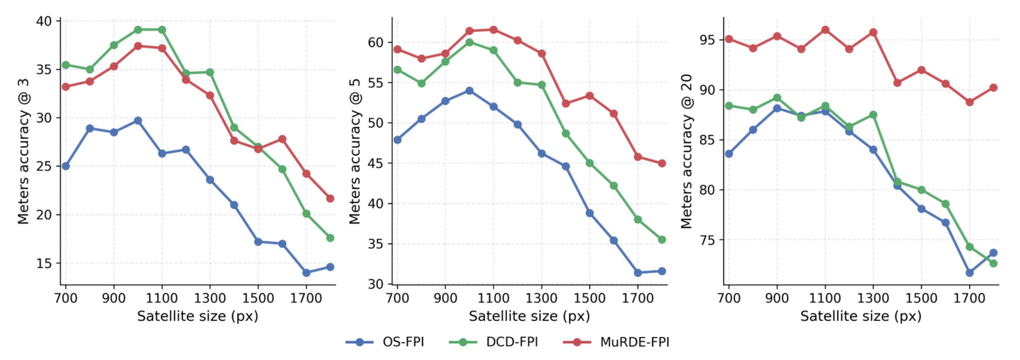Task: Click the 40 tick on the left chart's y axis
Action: pos(44,21)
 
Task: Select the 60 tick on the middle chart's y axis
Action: pos(376,42)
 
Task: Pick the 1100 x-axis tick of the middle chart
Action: pos(493,298)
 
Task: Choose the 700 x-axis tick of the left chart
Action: pos(66,298)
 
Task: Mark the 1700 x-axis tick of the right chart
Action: pos(969,298)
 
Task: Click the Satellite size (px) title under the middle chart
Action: pos(529,316)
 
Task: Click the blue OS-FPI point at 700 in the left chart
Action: pos(66,166)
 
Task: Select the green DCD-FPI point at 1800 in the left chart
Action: pos(330,238)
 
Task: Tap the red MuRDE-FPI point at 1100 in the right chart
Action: pos(825,30)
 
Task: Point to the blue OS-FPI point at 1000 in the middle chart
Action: pos(469,91)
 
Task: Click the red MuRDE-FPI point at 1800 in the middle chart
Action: pos(662,163)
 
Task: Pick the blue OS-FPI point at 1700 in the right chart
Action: pos(969,272)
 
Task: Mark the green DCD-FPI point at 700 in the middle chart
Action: pos(397,70)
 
